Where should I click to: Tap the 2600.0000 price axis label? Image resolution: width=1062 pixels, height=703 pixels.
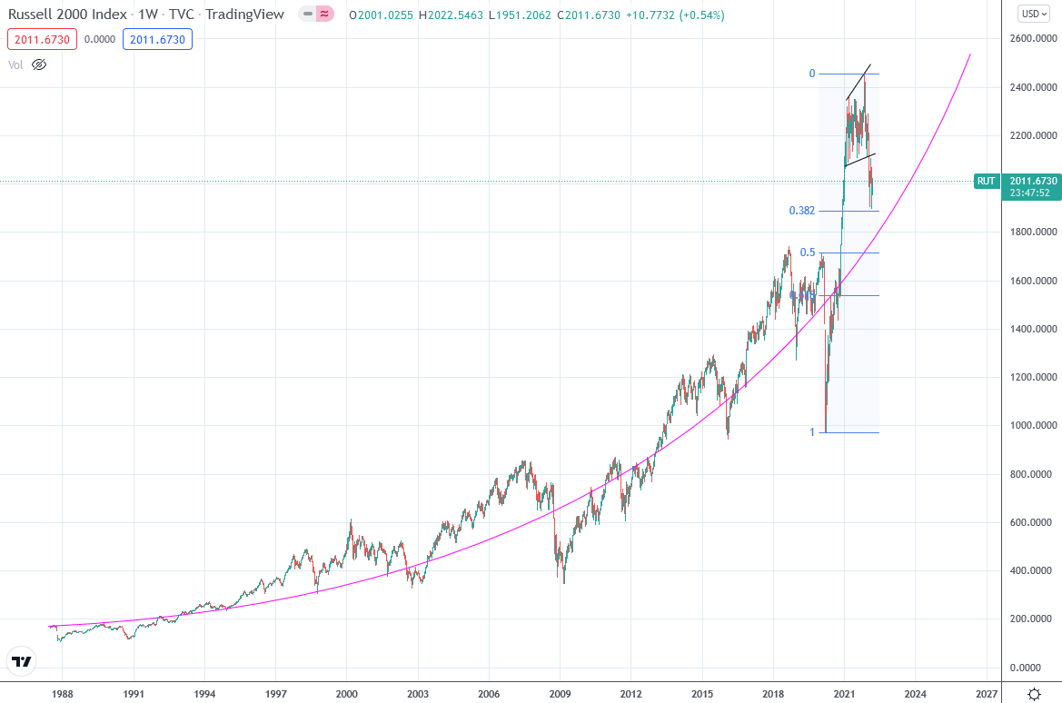(x=1034, y=39)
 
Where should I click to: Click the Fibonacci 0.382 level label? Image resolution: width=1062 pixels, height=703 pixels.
(x=801, y=211)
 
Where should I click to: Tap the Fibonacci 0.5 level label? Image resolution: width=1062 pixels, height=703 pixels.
(x=807, y=252)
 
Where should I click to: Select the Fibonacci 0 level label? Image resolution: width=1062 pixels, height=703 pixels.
(x=812, y=74)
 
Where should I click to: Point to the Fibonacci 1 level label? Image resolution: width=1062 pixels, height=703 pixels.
(x=812, y=432)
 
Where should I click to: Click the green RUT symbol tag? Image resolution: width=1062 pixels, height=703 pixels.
(x=986, y=181)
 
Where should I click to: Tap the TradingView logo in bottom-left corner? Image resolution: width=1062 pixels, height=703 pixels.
(x=22, y=661)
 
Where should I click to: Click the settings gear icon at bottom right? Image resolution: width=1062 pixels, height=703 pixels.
(x=1034, y=694)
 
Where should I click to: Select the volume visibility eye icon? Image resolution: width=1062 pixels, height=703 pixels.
(x=38, y=64)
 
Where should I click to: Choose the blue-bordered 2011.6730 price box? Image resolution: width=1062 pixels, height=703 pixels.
(x=156, y=39)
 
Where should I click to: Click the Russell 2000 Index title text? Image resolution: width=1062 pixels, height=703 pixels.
(x=69, y=15)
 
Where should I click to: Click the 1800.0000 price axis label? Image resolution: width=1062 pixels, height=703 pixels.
(x=1034, y=233)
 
